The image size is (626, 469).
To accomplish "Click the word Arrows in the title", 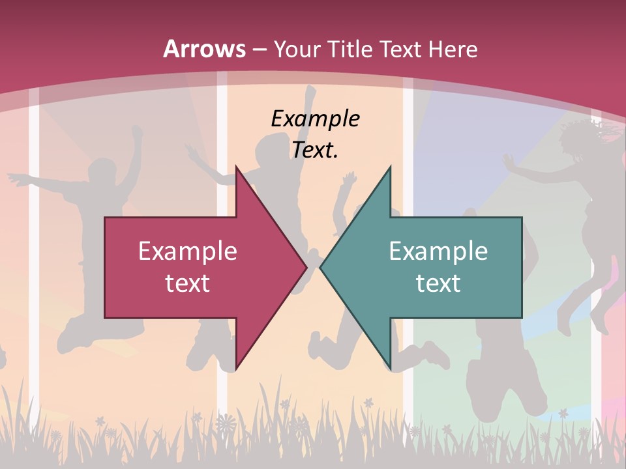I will coord(204,49).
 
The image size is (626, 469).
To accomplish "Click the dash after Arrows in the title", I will coord(260,50).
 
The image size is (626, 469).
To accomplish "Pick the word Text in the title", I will coord(401,49).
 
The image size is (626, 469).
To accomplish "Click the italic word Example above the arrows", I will coord(315,119).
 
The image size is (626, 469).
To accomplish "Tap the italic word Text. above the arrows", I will coord(315,150).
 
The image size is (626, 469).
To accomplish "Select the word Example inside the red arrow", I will coord(188,251).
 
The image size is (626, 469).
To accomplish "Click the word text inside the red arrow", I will coord(188,283).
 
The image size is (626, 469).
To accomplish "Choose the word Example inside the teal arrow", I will coord(438,251).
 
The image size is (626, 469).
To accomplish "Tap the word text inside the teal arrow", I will coord(438,283).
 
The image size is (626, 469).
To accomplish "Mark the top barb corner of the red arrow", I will coord(236,167).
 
